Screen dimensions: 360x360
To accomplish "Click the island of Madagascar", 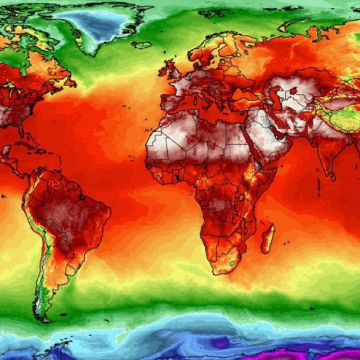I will click(x=268, y=237).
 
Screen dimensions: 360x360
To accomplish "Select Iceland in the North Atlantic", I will click(x=142, y=44).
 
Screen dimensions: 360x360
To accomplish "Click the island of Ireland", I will click(x=162, y=72).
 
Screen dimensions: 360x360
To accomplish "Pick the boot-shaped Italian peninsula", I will click(x=198, y=96).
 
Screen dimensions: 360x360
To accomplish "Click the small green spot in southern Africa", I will click(x=231, y=262).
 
